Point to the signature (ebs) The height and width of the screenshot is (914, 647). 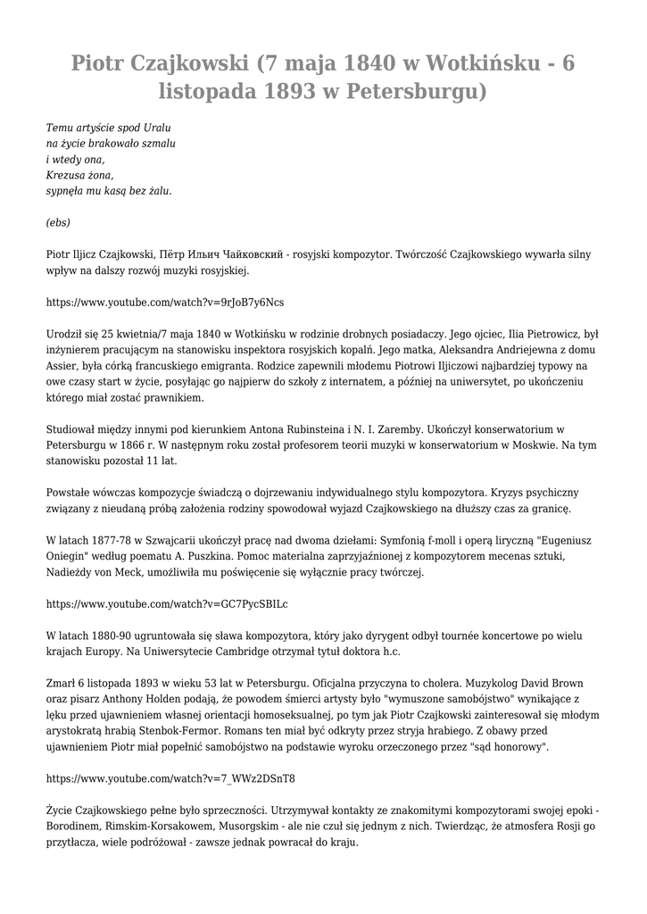tap(58, 222)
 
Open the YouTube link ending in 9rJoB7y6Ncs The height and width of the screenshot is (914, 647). tap(165, 302)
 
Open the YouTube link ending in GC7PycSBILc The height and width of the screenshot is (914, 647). tap(167, 603)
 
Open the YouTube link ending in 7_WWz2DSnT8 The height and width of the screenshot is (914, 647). tap(170, 777)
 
